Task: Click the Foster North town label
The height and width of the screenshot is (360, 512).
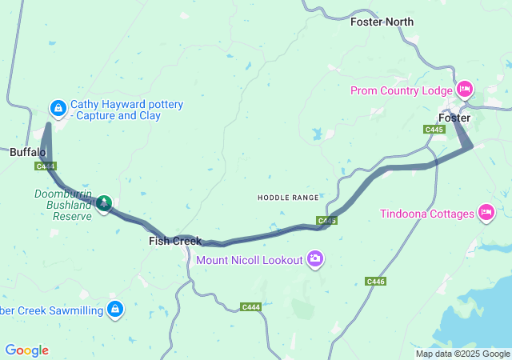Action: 382,22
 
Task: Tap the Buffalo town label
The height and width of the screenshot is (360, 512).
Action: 27,151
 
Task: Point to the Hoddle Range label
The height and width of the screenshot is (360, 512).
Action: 287,197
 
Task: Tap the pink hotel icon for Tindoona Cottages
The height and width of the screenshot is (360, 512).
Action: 485,212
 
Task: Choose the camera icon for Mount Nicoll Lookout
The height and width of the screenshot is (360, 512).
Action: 315,258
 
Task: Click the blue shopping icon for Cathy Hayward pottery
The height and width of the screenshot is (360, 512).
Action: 58,107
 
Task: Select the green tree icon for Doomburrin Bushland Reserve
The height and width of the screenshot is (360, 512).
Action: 103,204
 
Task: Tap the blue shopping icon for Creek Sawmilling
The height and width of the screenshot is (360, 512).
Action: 115,308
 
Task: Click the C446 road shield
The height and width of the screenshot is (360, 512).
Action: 376,281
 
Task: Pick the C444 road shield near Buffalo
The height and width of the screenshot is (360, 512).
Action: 46,166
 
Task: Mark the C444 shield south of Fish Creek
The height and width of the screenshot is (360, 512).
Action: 251,306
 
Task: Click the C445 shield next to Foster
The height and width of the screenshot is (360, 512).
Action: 434,129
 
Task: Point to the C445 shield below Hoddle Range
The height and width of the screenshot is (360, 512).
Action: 326,220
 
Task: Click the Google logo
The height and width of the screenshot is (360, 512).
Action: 26,350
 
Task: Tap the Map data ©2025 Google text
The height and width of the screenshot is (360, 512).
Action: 462,354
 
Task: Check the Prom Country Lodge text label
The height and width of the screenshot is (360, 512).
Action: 402,90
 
